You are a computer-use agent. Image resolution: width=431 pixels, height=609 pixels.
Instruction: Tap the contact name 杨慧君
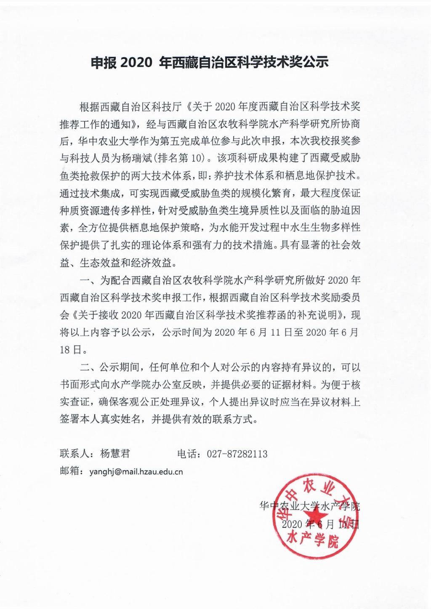tap(115, 453)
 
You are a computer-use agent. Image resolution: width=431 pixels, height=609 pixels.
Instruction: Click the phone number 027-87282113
tap(237, 454)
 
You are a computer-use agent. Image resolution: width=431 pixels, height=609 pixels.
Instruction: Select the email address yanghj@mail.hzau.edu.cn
tap(136, 471)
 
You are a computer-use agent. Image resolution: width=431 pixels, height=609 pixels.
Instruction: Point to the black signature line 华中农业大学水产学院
tap(309, 506)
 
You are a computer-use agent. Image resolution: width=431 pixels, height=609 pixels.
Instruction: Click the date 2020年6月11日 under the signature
tap(320, 524)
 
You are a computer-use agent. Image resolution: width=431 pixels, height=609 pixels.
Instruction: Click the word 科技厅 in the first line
tap(170, 106)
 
